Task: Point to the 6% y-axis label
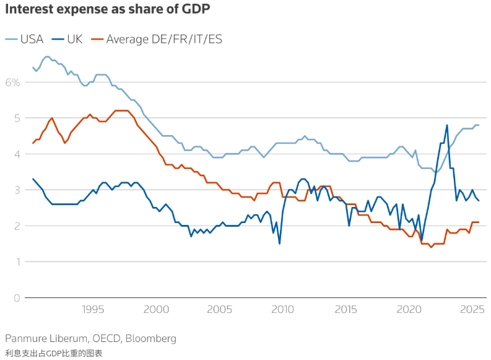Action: click(x=13, y=82)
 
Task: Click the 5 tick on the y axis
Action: click(x=17, y=118)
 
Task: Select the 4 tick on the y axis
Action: click(x=17, y=154)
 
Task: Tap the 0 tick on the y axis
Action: click(x=17, y=298)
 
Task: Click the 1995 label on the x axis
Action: click(x=92, y=309)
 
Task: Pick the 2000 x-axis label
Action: click(x=155, y=309)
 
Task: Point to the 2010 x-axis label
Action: click(x=282, y=309)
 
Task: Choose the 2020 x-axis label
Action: click(x=409, y=309)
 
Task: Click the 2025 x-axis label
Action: click(x=472, y=309)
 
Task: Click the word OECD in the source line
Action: click(x=101, y=338)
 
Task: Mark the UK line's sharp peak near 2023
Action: click(x=447, y=125)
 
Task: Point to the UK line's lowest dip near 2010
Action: click(x=279, y=244)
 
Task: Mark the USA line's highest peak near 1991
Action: click(x=46, y=56)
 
